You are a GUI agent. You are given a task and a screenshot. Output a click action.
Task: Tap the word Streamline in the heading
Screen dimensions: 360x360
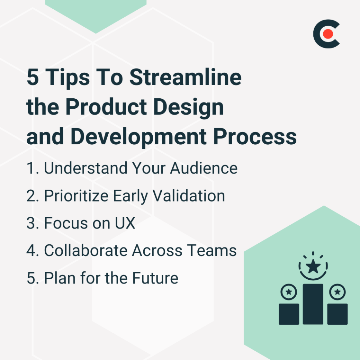tap(185, 78)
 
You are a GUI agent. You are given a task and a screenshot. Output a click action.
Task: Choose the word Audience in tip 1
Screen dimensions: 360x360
tap(204, 168)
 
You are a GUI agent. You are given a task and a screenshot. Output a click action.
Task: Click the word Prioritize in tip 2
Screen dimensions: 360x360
tap(76, 196)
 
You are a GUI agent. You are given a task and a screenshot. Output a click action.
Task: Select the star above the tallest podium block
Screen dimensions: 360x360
tap(313, 267)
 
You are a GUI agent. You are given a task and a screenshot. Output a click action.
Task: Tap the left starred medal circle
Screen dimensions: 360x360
tap(289, 292)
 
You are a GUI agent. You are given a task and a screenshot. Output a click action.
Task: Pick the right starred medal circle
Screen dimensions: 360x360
tap(337, 292)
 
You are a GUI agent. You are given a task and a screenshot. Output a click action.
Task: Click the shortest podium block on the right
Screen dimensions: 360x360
tap(337, 314)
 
